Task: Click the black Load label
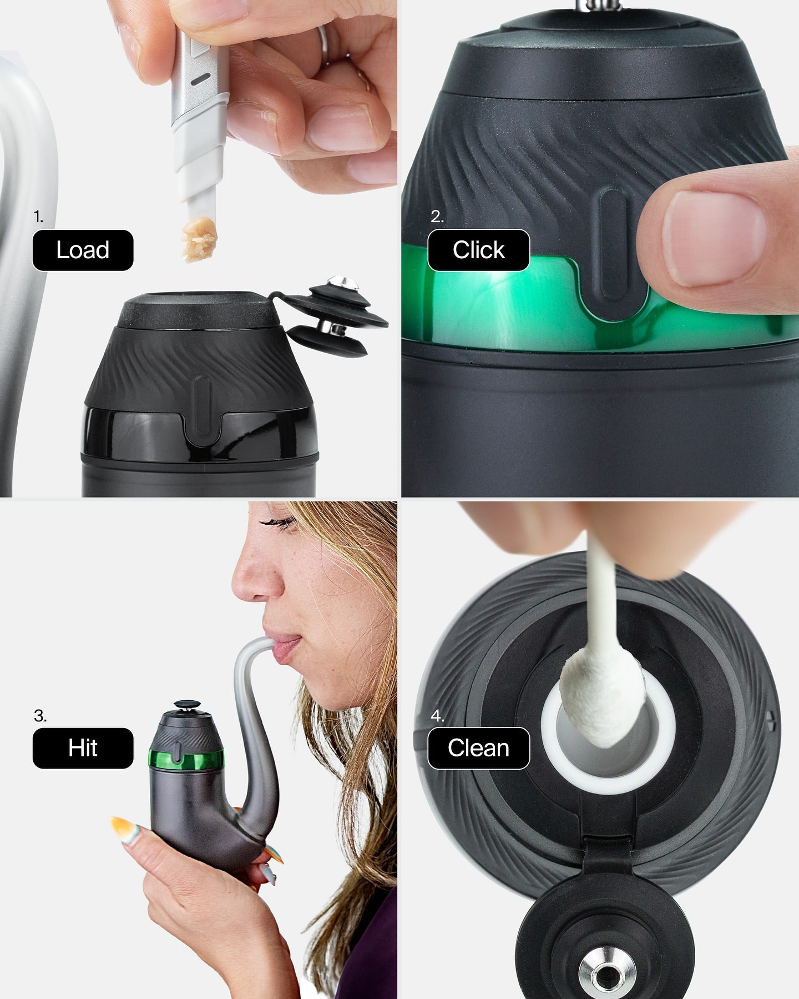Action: pos(83,250)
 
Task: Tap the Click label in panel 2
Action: pos(478,250)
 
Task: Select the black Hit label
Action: pos(83,748)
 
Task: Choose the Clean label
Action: pos(478,748)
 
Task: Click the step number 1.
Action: pos(38,217)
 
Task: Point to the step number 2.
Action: pos(437,217)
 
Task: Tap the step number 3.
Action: pos(40,716)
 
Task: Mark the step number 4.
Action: pos(437,716)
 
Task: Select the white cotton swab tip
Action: pos(602,702)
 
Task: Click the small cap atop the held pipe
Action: pos(186,705)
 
